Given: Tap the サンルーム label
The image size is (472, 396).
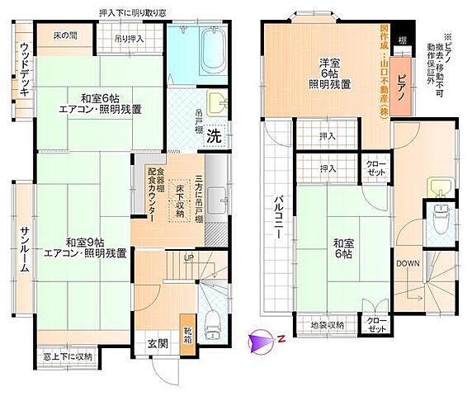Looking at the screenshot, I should (x=25, y=243).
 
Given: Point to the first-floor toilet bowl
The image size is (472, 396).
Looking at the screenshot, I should (x=212, y=323).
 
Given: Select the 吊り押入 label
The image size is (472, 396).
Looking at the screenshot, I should (x=130, y=38).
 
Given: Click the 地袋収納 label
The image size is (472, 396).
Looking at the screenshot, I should (x=328, y=324).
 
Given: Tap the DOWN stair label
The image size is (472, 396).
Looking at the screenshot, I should (x=408, y=263).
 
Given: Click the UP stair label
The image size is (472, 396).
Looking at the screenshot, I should (x=190, y=257).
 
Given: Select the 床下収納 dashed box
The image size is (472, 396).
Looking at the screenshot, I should (x=179, y=203).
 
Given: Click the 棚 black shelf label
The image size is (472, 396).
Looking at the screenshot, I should (x=401, y=40).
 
